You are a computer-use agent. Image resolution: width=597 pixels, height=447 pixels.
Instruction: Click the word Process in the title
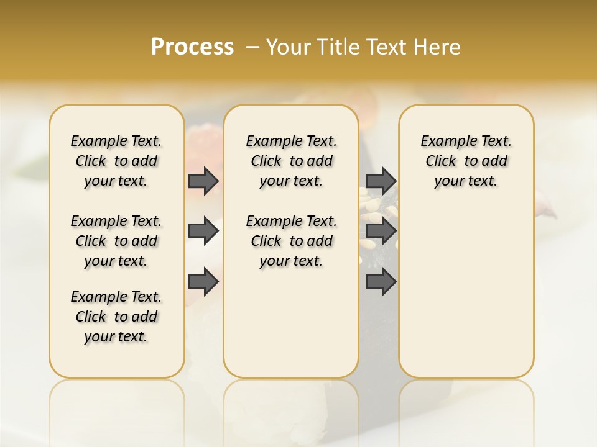pyautogui.click(x=192, y=47)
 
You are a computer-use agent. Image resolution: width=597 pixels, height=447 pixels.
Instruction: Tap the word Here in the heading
pyautogui.click(x=438, y=47)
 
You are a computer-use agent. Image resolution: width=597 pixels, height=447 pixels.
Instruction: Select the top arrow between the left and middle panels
pyautogui.click(x=203, y=181)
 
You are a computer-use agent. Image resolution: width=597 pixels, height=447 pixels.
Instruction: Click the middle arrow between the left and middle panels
pyautogui.click(x=203, y=232)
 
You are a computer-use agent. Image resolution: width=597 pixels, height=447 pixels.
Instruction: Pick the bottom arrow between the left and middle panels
pyautogui.click(x=203, y=282)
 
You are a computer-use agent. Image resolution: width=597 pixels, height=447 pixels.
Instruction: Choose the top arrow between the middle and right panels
pyautogui.click(x=381, y=181)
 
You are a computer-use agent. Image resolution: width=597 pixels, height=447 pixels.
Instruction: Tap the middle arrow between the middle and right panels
pyautogui.click(x=381, y=232)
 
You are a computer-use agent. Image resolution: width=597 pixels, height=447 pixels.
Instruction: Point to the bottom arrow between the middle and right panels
pyautogui.click(x=381, y=282)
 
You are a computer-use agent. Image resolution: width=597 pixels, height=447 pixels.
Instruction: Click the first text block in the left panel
pyautogui.click(x=116, y=161)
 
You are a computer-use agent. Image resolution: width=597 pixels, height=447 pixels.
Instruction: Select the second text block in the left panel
pyautogui.click(x=116, y=241)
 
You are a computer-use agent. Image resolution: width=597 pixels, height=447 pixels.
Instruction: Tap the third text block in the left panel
pyautogui.click(x=116, y=317)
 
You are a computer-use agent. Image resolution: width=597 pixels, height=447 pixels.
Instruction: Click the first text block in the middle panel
pyautogui.click(x=291, y=161)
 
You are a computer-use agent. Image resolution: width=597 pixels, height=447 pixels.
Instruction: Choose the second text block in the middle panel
pyautogui.click(x=291, y=241)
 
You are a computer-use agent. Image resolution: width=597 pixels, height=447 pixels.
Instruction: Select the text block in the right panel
pyautogui.click(x=466, y=161)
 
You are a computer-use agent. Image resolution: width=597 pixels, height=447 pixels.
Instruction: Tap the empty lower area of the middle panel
pyautogui.click(x=291, y=323)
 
